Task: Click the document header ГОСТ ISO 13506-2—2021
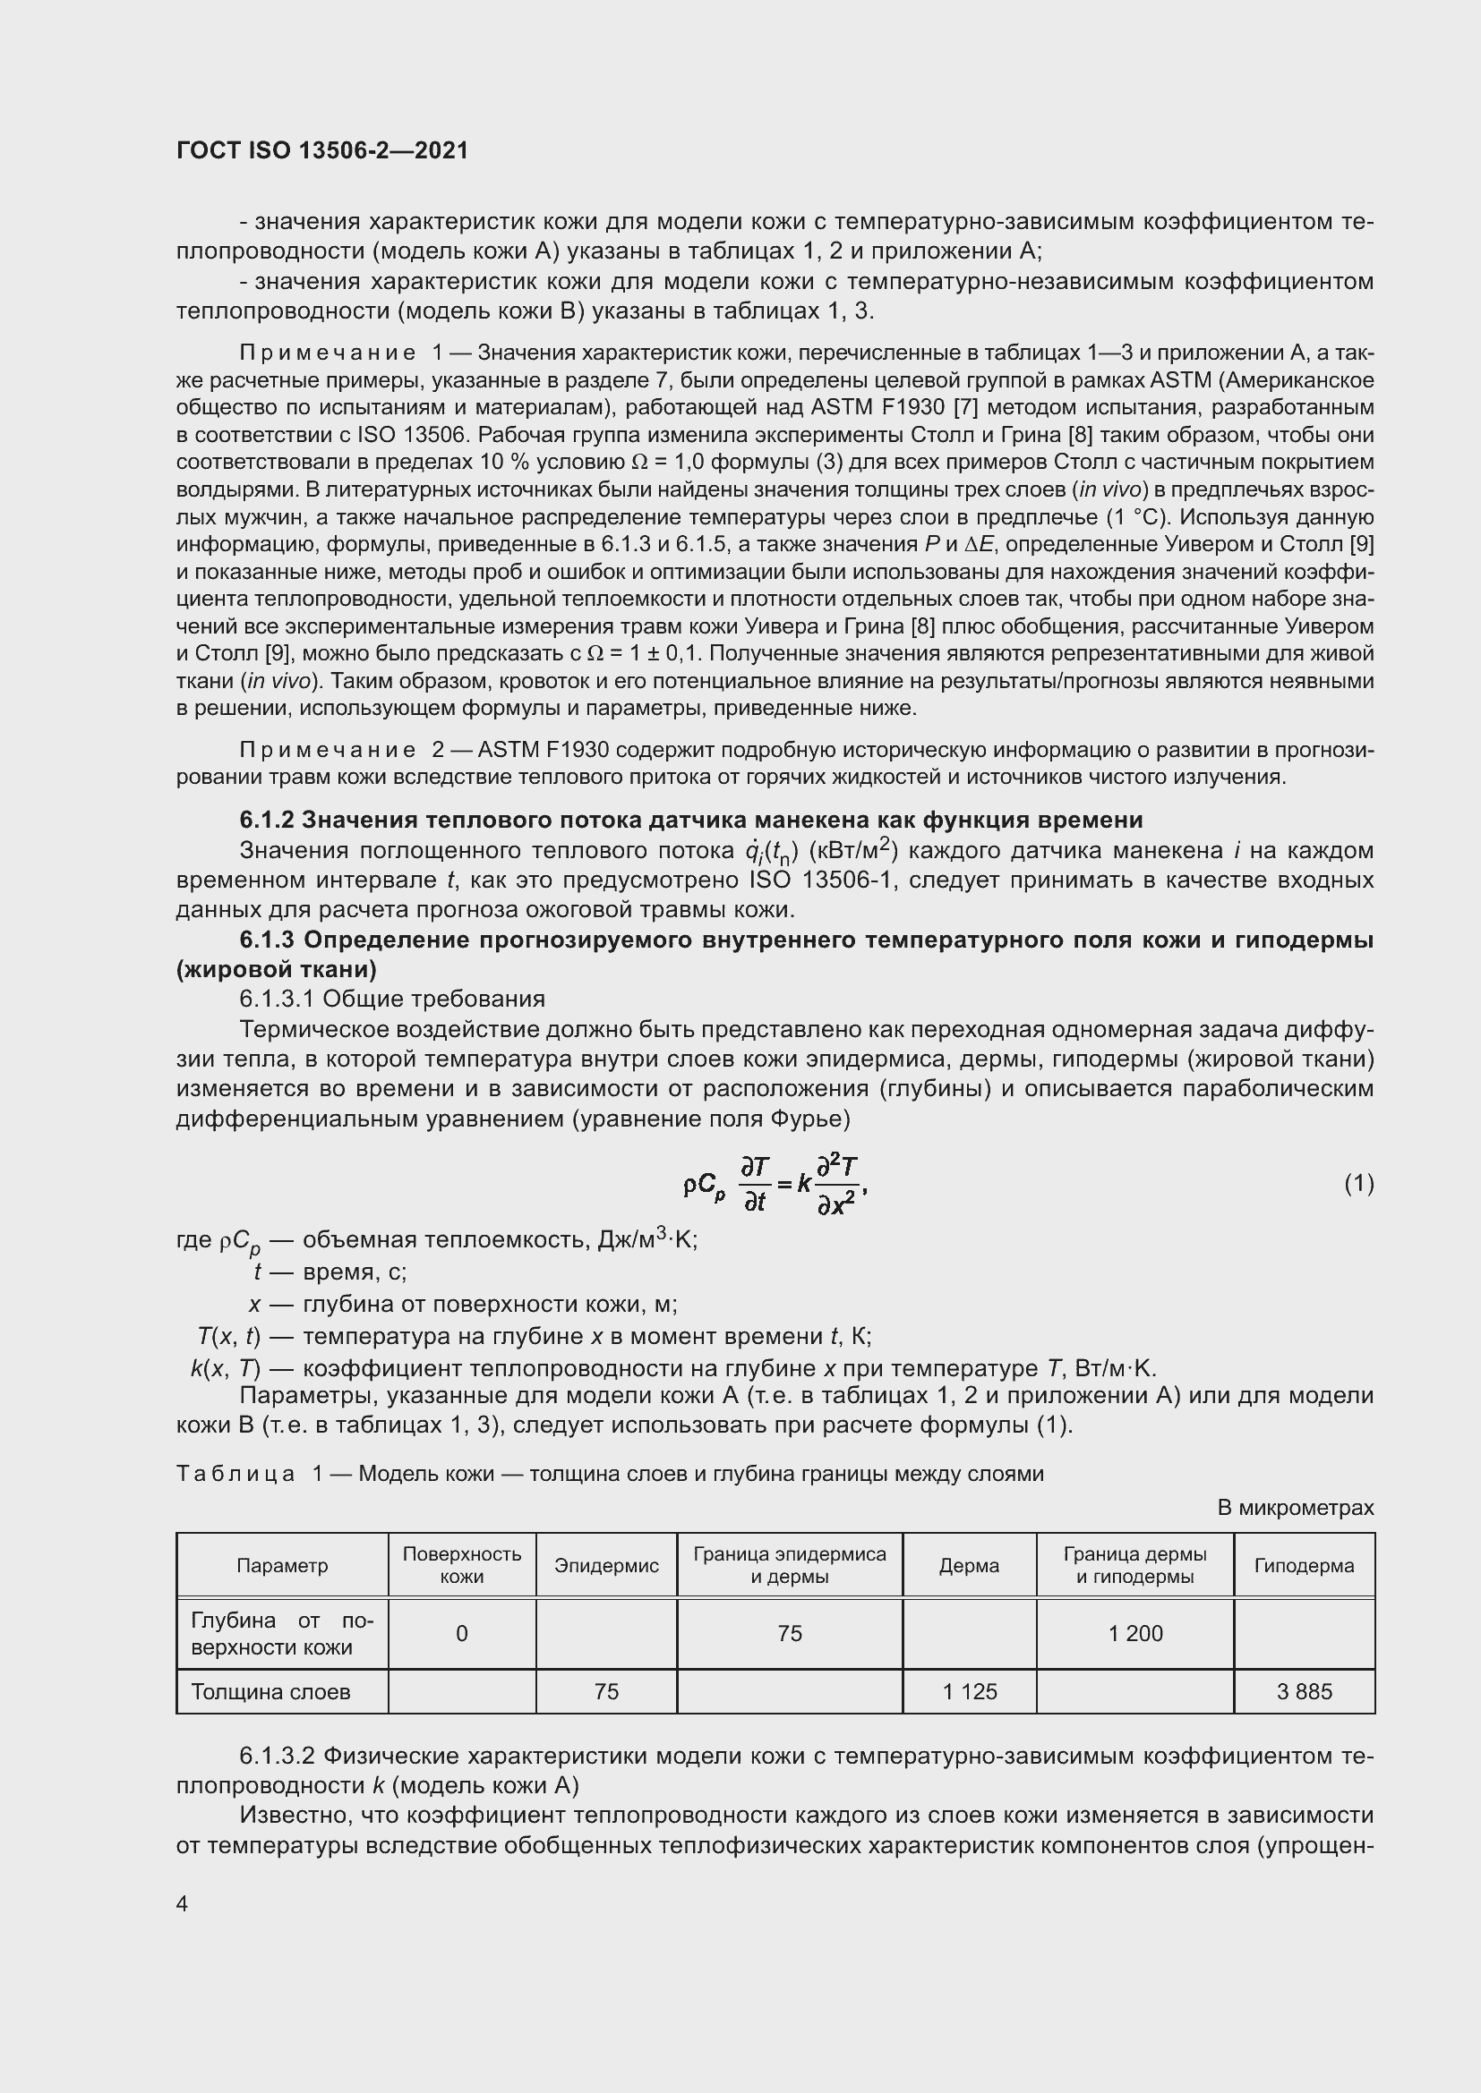[322, 150]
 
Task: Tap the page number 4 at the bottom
[183, 1904]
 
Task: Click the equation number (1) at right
[1358, 1183]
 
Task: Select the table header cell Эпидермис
[606, 1565]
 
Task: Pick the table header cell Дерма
[969, 1565]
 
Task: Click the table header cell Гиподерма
[1303, 1565]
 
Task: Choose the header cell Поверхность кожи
[461, 1565]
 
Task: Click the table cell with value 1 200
[1135, 1633]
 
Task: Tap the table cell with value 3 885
[1304, 1692]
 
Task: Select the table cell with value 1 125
[970, 1692]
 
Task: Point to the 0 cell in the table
[461, 1633]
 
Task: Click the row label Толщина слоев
[270, 1692]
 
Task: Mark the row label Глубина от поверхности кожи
[282, 1633]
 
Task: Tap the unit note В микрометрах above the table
[1295, 1508]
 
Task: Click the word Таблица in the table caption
[235, 1474]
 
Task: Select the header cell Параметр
[282, 1565]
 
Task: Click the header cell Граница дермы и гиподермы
[1134, 1565]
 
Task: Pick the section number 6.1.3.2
[278, 1756]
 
